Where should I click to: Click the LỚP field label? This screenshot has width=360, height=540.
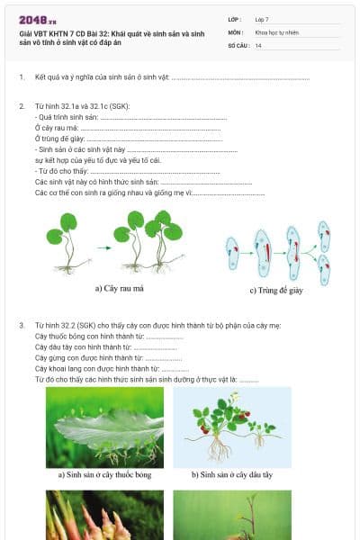pos(235,18)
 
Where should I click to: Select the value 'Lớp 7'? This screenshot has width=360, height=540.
pos(262,18)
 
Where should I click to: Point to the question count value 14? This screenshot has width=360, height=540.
pos(258,44)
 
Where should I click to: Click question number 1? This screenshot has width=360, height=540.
pos(22,77)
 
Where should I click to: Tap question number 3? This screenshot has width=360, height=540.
pos(22,323)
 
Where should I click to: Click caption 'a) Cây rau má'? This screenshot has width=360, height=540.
pos(120,289)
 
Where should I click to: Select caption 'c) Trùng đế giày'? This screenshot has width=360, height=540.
pos(277,290)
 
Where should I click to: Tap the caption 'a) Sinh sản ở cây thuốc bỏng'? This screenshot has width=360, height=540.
pos(103,474)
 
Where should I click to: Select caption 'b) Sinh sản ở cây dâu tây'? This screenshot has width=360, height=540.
pos(231,474)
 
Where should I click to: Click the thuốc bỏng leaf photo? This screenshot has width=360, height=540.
pos(104,427)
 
